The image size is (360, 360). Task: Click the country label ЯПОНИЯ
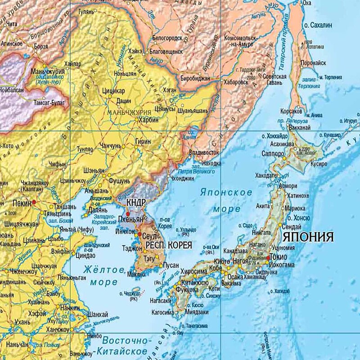point(307,237)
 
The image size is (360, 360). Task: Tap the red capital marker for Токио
point(269,257)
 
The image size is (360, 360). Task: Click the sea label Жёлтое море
point(103,276)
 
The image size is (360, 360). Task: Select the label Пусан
point(171,265)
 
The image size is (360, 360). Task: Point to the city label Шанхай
point(99,314)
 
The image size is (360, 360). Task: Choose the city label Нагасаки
point(161,301)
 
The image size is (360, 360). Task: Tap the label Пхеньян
point(130,219)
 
